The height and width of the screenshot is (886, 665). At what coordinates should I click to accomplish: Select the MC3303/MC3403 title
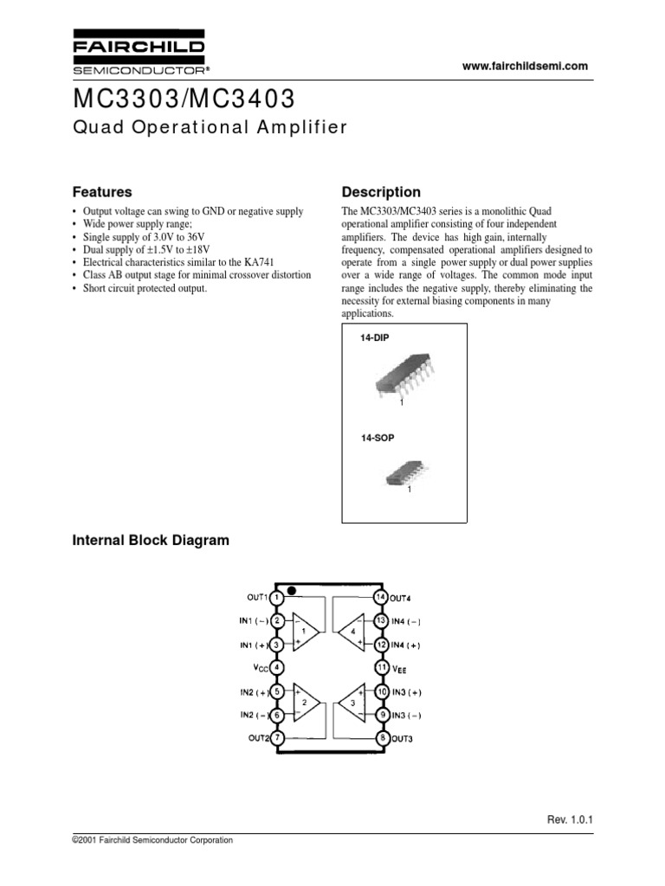[185, 95]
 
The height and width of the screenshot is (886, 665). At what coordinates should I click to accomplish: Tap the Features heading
[101, 192]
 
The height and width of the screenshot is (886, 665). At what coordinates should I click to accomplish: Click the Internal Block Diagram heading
[150, 541]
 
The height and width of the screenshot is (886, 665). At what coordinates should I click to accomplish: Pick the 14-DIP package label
[375, 337]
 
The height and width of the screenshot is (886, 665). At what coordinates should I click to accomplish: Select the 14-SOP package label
[378, 439]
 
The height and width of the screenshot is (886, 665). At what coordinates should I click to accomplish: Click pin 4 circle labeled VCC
[276, 667]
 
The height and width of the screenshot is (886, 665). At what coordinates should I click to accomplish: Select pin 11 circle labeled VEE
[380, 667]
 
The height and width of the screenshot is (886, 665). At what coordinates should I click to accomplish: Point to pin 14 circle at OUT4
[380, 597]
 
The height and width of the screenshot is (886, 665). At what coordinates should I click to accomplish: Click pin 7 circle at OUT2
[276, 737]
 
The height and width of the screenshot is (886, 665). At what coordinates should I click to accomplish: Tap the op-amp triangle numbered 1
[306, 632]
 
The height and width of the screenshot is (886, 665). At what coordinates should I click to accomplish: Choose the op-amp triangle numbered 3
[352, 703]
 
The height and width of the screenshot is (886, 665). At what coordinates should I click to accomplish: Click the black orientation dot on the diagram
[292, 592]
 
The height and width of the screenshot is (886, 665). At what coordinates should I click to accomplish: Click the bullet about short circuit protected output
[146, 288]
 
